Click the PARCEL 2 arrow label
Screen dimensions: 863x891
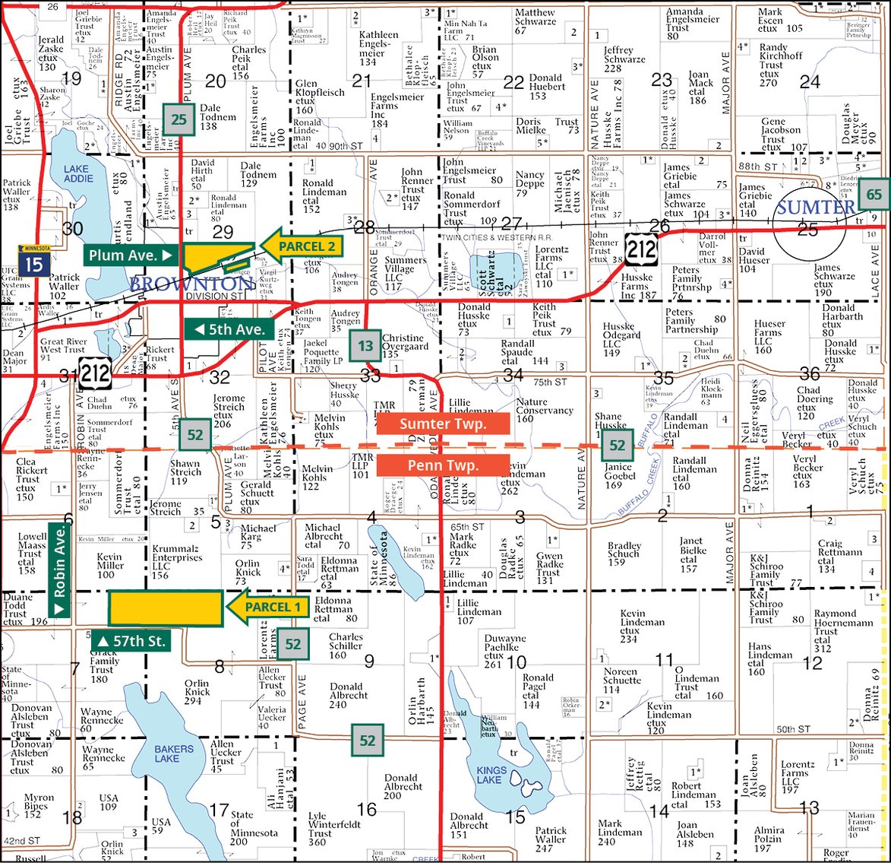[302, 246]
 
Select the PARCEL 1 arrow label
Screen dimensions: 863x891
[267, 607]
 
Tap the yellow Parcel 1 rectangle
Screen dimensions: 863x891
[166, 607]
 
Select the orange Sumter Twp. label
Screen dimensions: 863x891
[442, 424]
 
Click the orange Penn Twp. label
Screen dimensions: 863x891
[442, 465]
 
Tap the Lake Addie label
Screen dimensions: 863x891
[78, 174]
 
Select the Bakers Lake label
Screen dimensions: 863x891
[173, 754]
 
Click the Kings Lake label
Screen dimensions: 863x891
[491, 775]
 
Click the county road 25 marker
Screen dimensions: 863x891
[179, 119]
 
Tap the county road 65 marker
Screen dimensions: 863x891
[874, 195]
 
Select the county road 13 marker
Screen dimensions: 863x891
[365, 346]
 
